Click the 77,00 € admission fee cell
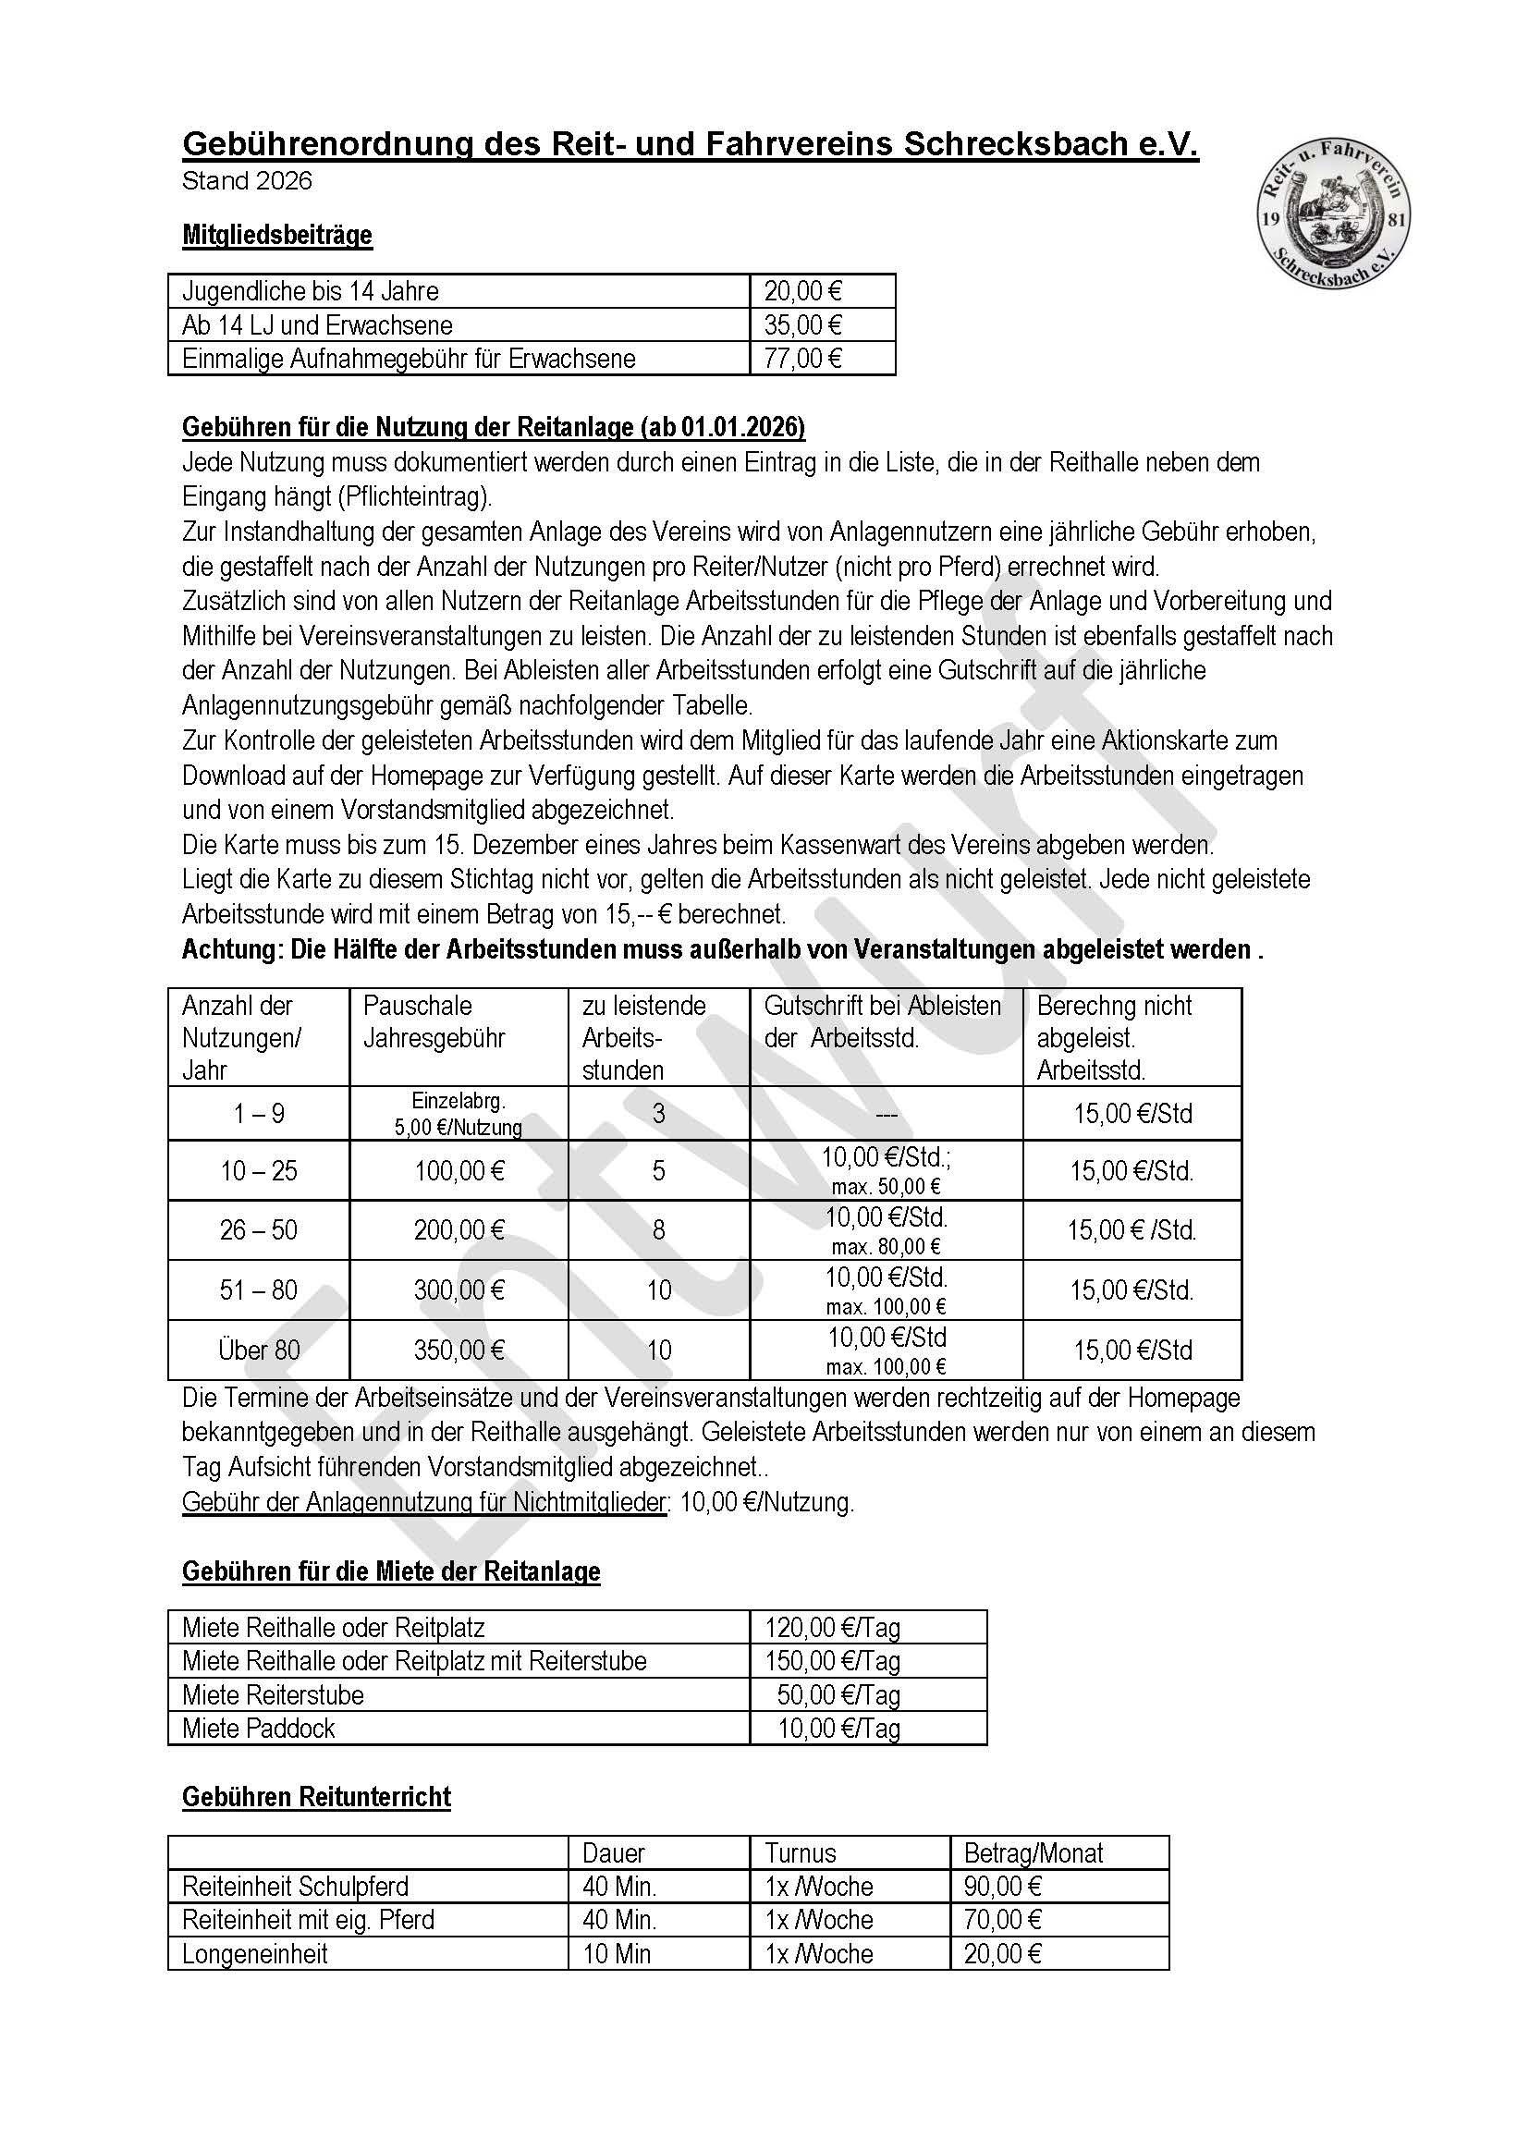coord(802,359)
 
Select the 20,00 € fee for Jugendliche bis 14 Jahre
coord(802,291)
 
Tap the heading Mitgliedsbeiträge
coord(276,235)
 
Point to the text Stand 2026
coord(247,181)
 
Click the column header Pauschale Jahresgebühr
coord(434,1021)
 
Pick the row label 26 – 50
coord(258,1229)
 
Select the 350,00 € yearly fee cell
coord(459,1350)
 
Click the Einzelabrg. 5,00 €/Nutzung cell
coord(459,1114)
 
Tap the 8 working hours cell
coord(658,1229)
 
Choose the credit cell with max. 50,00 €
coord(886,1171)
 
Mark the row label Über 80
coord(258,1350)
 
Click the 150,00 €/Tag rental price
coord(832,1660)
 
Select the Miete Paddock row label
coord(258,1728)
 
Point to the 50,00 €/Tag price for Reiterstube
coord(838,1694)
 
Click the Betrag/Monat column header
coord(1033,1853)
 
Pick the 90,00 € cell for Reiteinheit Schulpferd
coord(1002,1887)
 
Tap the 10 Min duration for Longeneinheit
coord(617,1953)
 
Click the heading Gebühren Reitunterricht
coord(316,1796)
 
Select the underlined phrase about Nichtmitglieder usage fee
coord(423,1502)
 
